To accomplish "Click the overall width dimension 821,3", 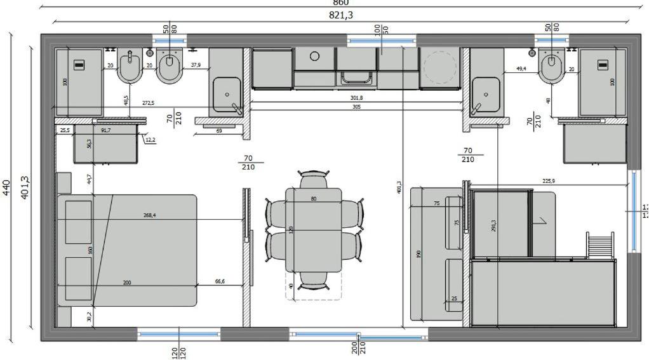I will [341, 15].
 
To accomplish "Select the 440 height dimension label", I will [6, 187].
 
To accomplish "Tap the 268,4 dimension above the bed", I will [149, 215].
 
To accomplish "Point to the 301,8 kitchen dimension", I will [356, 98].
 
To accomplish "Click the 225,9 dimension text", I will [548, 181].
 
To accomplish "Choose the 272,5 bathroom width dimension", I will [147, 102].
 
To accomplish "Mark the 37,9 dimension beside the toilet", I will [195, 64].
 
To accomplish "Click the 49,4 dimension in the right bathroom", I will [521, 68].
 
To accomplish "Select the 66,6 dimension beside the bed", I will [219, 282].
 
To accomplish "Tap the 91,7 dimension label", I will [105, 130].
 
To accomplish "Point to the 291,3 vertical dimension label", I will [493, 225].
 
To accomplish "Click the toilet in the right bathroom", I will [551, 67].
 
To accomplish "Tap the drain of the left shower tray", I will [79, 64].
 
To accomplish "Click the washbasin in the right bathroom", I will [486, 95].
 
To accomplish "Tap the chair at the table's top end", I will [314, 179].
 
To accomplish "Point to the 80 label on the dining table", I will [313, 199].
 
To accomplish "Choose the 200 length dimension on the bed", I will [127, 282].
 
